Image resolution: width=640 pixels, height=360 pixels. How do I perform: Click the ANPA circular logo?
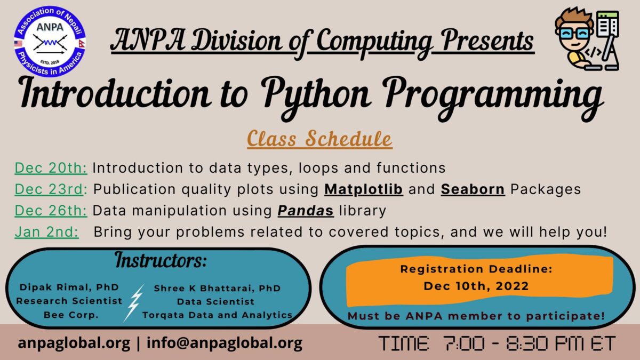[x=51, y=41]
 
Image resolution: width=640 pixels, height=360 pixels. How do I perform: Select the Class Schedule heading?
[x=319, y=139]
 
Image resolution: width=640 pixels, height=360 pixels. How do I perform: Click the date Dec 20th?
[x=51, y=168]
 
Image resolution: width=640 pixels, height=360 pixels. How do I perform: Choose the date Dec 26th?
[x=51, y=211]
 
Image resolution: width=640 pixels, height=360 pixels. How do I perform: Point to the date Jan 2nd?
[x=47, y=233]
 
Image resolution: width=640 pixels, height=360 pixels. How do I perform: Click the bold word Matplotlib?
[x=364, y=189]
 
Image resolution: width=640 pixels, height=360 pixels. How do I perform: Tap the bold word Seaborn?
[x=473, y=189]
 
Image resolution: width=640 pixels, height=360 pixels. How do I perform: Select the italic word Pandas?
[x=306, y=211]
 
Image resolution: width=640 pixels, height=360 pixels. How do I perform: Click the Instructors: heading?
[x=161, y=261]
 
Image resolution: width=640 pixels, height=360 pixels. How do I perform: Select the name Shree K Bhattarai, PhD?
[x=217, y=289]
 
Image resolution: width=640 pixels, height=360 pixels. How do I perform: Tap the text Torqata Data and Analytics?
[x=217, y=315]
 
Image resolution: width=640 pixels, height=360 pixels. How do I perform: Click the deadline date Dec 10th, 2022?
[x=476, y=286]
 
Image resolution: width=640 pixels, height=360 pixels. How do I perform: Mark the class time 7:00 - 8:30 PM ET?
[x=497, y=343]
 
